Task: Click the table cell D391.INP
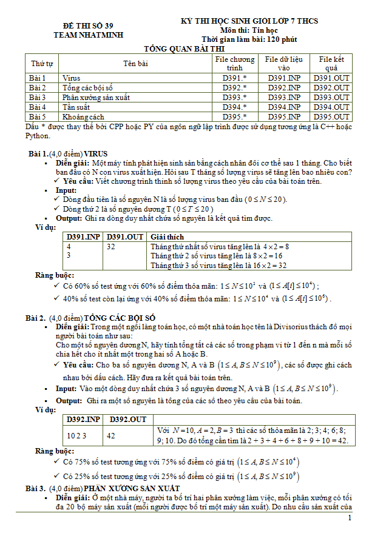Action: [x=285, y=78]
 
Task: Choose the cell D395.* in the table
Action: [x=234, y=116]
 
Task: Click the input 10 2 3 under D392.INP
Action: [x=77, y=435]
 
